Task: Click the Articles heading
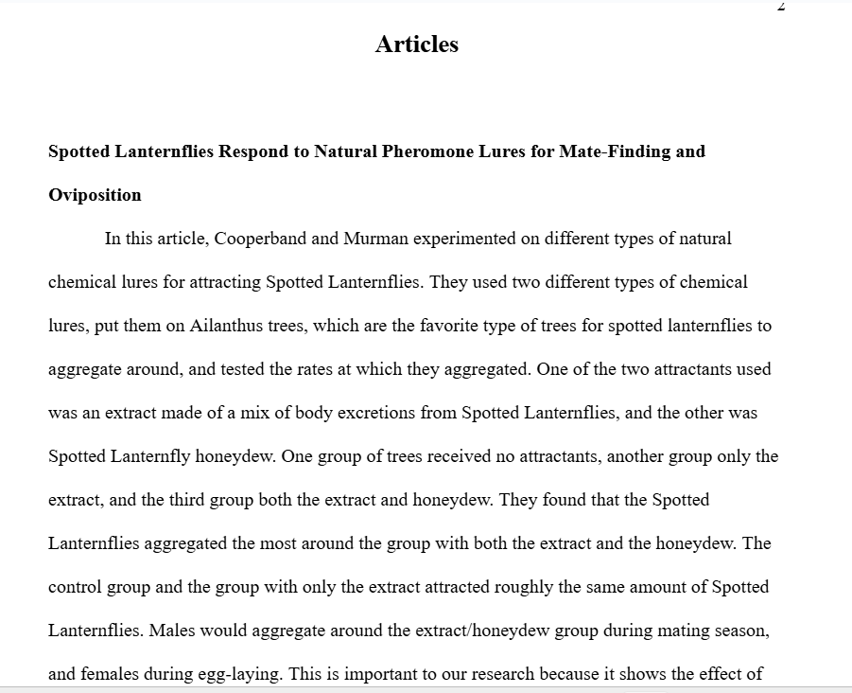click(x=416, y=44)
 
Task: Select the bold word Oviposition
click(x=95, y=195)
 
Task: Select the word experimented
click(x=464, y=239)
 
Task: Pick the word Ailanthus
click(x=227, y=326)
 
